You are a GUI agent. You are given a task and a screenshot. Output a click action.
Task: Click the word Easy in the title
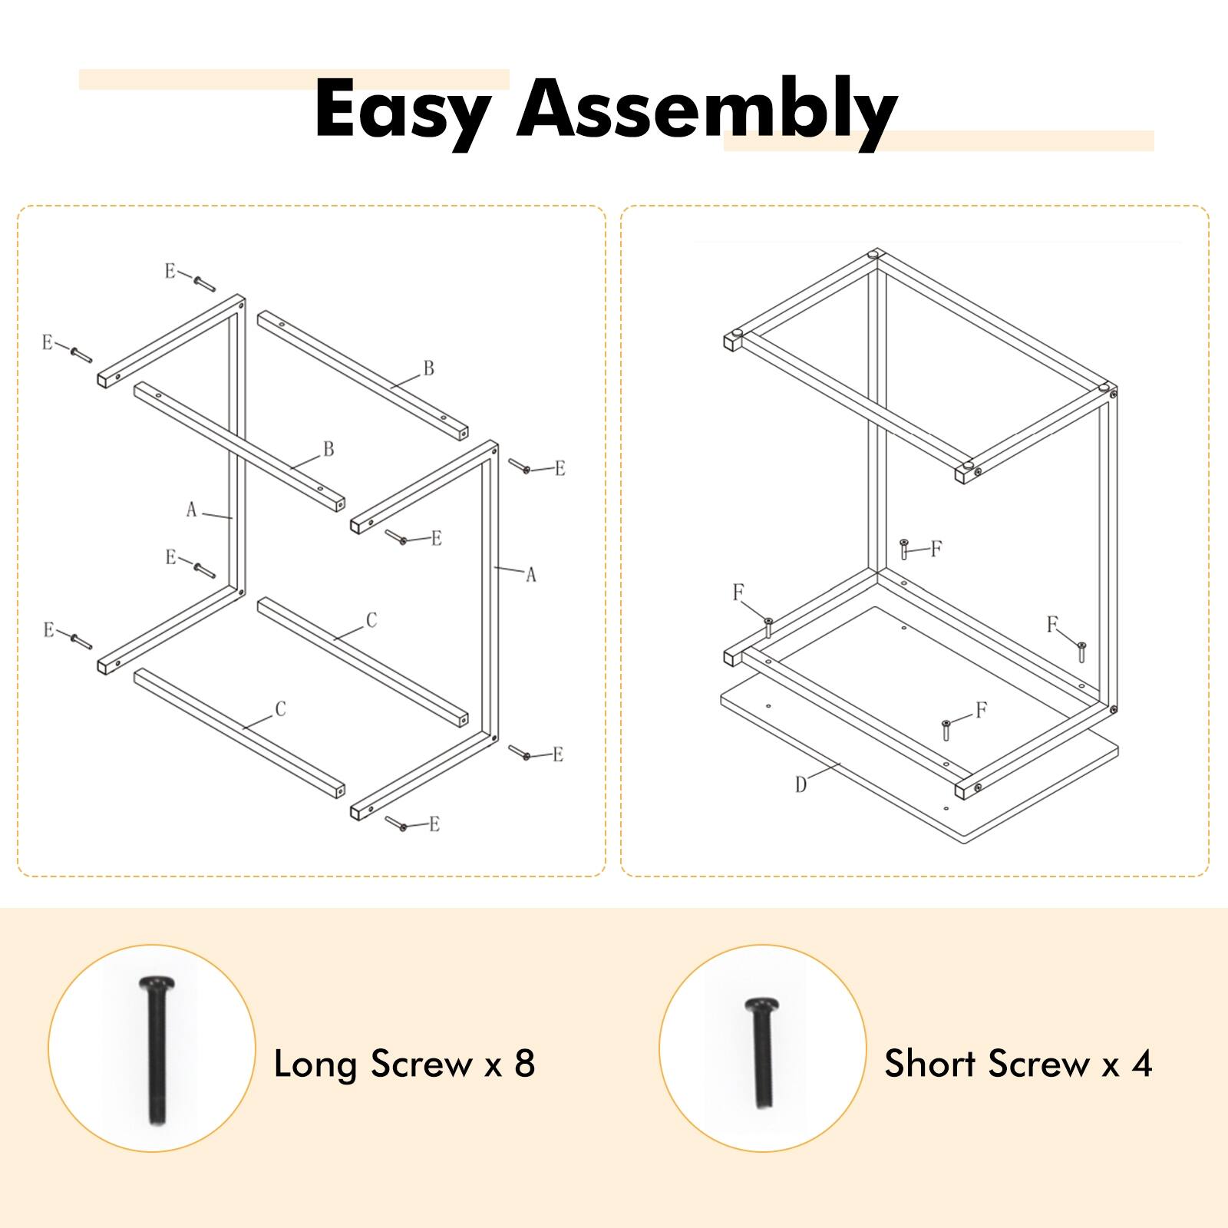tap(401, 110)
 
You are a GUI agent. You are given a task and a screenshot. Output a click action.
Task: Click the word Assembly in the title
tap(706, 110)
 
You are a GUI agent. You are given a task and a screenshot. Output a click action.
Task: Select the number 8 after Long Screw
tap(524, 1064)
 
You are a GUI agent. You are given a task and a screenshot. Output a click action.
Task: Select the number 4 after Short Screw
tap(1142, 1064)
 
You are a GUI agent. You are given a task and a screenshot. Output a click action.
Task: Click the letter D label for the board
tap(801, 784)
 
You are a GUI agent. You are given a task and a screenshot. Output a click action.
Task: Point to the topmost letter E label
tap(170, 271)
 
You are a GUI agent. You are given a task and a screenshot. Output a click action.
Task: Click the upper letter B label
tap(428, 368)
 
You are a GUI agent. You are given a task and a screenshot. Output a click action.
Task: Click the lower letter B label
tap(328, 449)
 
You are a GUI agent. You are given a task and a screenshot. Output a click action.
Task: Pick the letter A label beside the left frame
tap(192, 510)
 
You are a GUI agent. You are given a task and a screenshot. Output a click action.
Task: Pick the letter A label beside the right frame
tap(530, 575)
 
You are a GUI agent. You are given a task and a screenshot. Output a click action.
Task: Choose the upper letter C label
tap(371, 620)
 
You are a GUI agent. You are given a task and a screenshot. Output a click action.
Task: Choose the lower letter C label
tap(280, 709)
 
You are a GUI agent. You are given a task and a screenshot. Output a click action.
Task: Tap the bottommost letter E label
tap(434, 824)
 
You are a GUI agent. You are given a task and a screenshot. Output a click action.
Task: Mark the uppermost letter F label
tap(936, 549)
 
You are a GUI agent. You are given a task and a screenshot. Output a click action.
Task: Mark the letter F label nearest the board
tap(981, 710)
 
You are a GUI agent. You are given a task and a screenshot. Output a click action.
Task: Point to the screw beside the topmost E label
tap(204, 284)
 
